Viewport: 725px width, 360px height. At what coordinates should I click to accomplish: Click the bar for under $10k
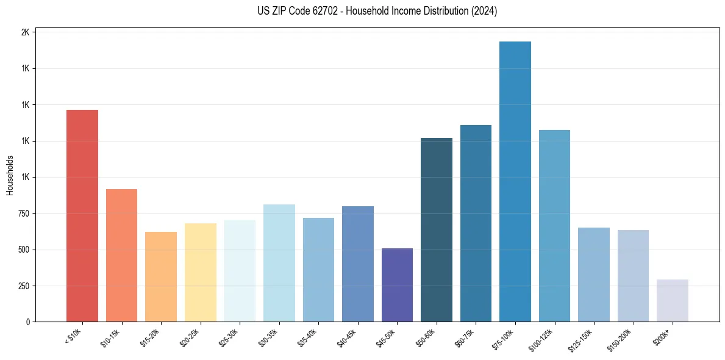[82, 215]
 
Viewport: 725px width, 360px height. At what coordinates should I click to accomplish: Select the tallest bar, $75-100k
[515, 181]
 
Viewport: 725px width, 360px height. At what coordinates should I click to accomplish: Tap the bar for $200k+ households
[672, 300]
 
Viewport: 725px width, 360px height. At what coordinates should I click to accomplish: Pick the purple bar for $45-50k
[397, 285]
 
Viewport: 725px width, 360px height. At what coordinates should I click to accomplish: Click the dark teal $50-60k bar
[437, 229]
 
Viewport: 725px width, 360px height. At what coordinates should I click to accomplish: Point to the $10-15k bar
[121, 255]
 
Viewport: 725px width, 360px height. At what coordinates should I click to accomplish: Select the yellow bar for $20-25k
[200, 272]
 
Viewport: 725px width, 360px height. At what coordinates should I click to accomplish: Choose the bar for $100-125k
[554, 226]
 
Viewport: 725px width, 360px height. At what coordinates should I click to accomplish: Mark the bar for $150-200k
[633, 276]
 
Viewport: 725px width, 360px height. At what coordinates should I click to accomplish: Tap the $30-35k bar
[279, 263]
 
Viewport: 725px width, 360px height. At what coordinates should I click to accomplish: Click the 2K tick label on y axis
[25, 32]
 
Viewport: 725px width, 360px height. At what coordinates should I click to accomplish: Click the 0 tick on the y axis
[28, 322]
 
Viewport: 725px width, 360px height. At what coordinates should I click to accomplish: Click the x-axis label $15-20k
[149, 337]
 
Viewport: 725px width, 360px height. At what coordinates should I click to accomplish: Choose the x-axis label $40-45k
[346, 337]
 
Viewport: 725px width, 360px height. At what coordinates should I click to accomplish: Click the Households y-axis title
[10, 175]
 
